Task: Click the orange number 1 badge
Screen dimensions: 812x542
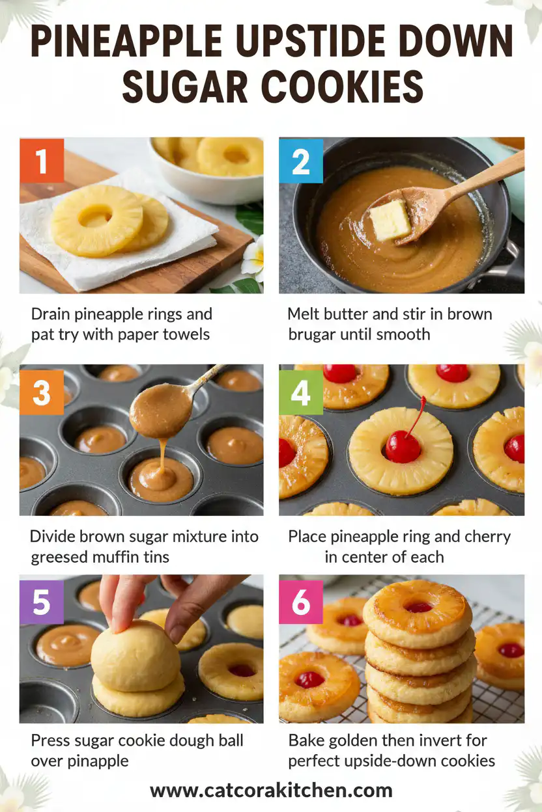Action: (42, 160)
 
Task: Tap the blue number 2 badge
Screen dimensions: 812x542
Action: (301, 160)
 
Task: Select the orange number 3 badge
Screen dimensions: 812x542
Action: (42, 392)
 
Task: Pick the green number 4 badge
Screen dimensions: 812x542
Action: (301, 392)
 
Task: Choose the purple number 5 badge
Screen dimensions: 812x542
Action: (42, 602)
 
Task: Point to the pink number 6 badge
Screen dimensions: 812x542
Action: (301, 602)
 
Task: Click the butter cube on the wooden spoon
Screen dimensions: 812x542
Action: (390, 220)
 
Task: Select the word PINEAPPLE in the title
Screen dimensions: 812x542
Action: (124, 43)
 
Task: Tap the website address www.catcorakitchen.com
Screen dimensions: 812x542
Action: (271, 791)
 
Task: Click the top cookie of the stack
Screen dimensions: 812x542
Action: (418, 611)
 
